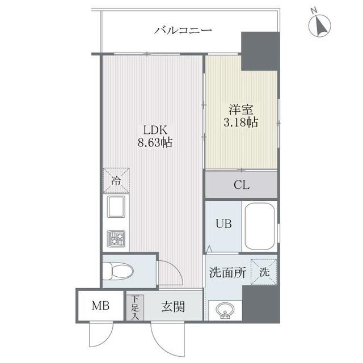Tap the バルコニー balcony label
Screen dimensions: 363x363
tap(183, 29)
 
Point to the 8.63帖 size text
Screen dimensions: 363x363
tap(154, 143)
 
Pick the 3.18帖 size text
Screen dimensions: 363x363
tap(241, 122)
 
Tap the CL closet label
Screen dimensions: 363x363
tap(241, 184)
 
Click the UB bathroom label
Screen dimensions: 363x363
tap(223, 223)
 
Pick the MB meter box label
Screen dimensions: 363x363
tap(99, 307)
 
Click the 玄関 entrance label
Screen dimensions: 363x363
tap(173, 307)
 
